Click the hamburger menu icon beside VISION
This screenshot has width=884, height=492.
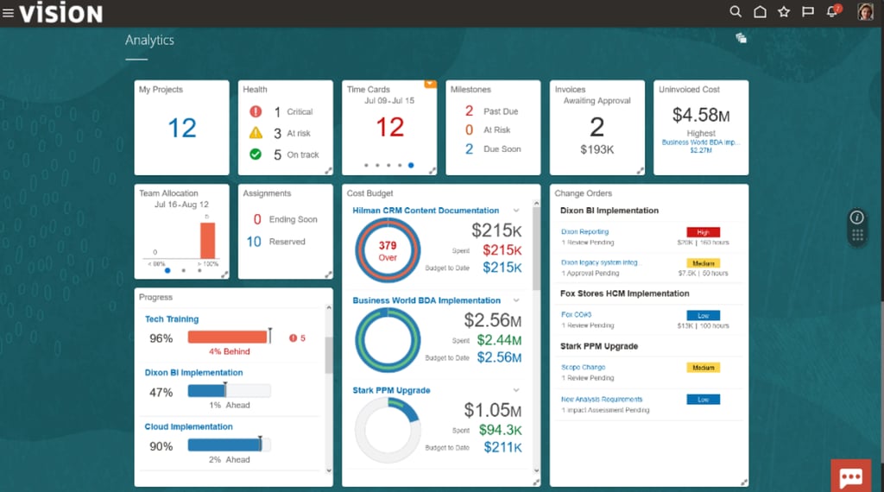9,13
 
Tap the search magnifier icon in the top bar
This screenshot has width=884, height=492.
736,12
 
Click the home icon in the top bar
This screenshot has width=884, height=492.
760,12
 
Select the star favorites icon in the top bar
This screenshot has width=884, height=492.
784,12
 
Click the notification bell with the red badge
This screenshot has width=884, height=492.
832,12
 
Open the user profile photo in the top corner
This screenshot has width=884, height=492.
865,12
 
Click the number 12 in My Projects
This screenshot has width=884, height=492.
182,129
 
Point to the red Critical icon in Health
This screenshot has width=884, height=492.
256,111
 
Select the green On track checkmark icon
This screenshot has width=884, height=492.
256,155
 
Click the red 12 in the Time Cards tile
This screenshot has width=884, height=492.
389,128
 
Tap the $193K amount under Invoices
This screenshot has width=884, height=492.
597,150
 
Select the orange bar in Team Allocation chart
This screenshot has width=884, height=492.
207,240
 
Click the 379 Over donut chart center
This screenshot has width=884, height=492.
387,250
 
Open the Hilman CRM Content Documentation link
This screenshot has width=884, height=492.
426,211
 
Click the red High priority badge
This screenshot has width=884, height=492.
703,232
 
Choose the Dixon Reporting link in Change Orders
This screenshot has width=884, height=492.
584,232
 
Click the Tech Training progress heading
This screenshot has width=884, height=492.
172,319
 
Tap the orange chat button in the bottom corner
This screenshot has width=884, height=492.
850,476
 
